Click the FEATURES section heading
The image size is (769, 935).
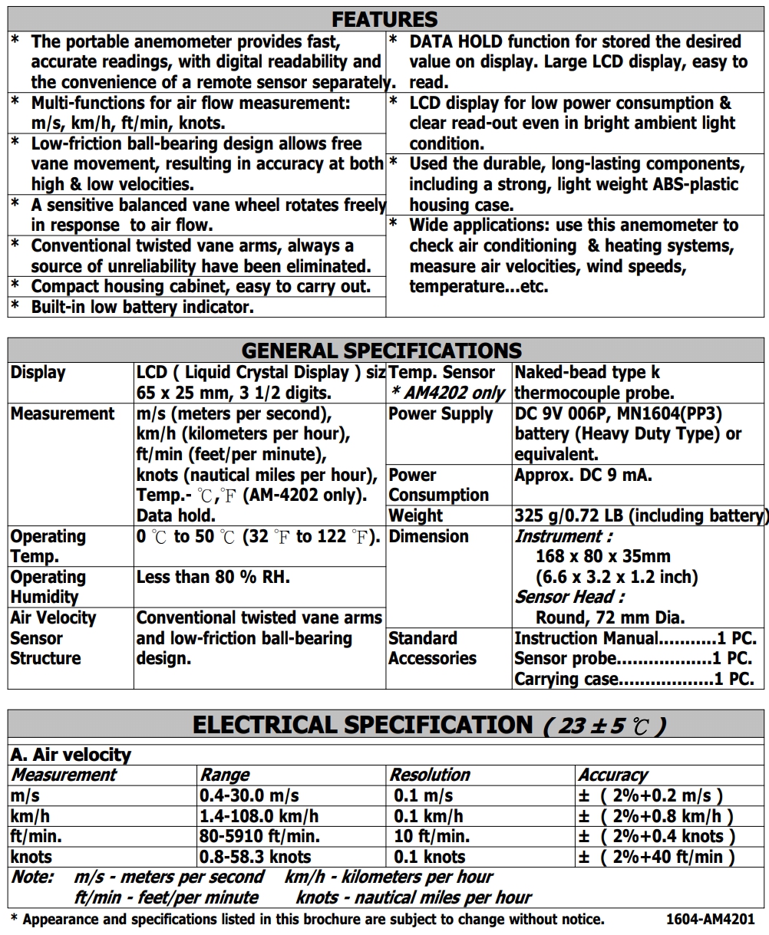click(x=384, y=19)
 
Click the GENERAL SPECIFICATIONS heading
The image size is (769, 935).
click(x=381, y=351)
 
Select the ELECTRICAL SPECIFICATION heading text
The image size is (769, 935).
click(x=362, y=725)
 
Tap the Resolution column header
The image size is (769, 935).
click(x=430, y=775)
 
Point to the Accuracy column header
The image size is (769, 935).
click(x=612, y=775)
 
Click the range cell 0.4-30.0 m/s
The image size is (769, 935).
click(x=249, y=795)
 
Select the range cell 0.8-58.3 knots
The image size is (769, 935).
click(x=256, y=857)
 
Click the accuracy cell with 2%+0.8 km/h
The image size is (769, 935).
click(x=656, y=816)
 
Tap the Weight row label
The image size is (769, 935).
click(x=416, y=515)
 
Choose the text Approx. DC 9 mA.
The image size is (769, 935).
click(x=583, y=475)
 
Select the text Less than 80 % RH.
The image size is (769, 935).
click(x=213, y=577)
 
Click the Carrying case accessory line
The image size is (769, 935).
click(x=634, y=679)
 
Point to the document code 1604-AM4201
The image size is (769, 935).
click(x=711, y=919)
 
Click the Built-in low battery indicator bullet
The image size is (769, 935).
click(x=142, y=307)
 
